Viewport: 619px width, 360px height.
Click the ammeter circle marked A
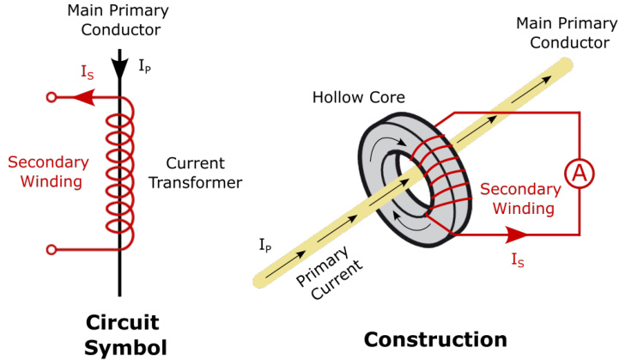coord(580,173)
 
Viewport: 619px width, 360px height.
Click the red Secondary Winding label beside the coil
coord(47,171)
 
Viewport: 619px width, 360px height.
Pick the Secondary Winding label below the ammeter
coord(517,198)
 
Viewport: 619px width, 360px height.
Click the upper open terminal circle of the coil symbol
coord(52,98)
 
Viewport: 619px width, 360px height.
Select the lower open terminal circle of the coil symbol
coord(52,250)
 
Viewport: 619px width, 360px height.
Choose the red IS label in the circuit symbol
coord(87,74)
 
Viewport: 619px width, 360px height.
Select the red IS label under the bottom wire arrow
coord(519,257)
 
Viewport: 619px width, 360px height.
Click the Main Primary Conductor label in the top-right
coord(562,33)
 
